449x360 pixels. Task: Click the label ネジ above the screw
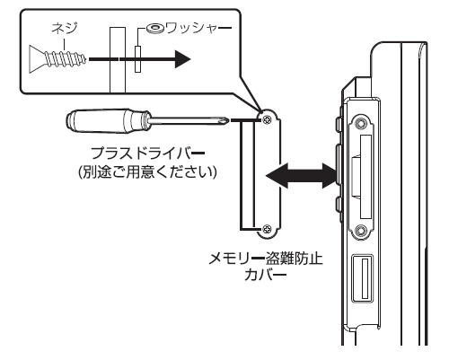[65, 29]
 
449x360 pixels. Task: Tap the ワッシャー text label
[198, 29]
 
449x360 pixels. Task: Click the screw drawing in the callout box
[58, 59]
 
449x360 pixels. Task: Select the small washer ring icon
[154, 29]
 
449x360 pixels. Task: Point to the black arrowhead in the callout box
[182, 59]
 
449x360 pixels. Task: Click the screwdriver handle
[108, 120]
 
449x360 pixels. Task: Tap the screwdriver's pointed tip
[228, 120]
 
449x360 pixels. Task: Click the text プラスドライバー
[147, 154]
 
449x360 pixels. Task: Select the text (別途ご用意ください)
[147, 172]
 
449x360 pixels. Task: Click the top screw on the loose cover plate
[267, 120]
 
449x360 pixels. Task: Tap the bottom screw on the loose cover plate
[267, 229]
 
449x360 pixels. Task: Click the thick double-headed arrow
[301, 176]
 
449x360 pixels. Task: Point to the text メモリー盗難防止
[266, 259]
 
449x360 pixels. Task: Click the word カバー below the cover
[266, 275]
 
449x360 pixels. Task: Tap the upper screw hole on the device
[361, 123]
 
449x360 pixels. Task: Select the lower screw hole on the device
[361, 231]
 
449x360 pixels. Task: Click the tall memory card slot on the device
[366, 177]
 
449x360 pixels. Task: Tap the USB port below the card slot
[363, 278]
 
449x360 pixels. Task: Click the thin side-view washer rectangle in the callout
[137, 59]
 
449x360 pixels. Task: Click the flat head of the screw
[36, 59]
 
